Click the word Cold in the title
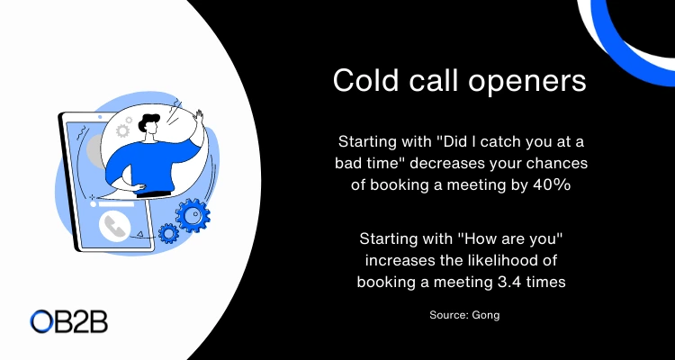pos(366,80)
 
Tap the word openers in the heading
pos(527,82)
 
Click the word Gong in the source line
pos(486,315)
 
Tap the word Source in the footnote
pos(448,315)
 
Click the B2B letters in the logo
pos(82,322)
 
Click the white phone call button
pos(114,227)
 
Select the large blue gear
pos(193,215)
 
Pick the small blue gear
pos(168,233)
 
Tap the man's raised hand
pos(198,118)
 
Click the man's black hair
pos(148,122)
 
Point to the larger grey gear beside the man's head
pos(122,130)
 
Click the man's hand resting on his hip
pos(139,188)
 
